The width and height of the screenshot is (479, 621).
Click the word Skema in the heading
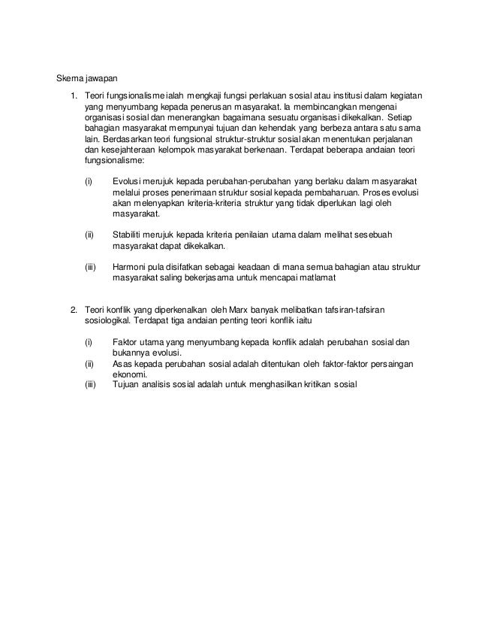(70, 77)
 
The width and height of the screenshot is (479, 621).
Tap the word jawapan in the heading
(101, 77)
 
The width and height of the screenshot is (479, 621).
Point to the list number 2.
(74, 308)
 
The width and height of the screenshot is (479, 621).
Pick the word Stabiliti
(128, 235)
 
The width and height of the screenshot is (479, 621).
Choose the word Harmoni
(129, 267)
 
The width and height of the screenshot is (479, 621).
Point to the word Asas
(122, 362)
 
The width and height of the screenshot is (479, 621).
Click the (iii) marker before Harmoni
(89, 267)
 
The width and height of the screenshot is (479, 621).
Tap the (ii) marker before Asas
(88, 362)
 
